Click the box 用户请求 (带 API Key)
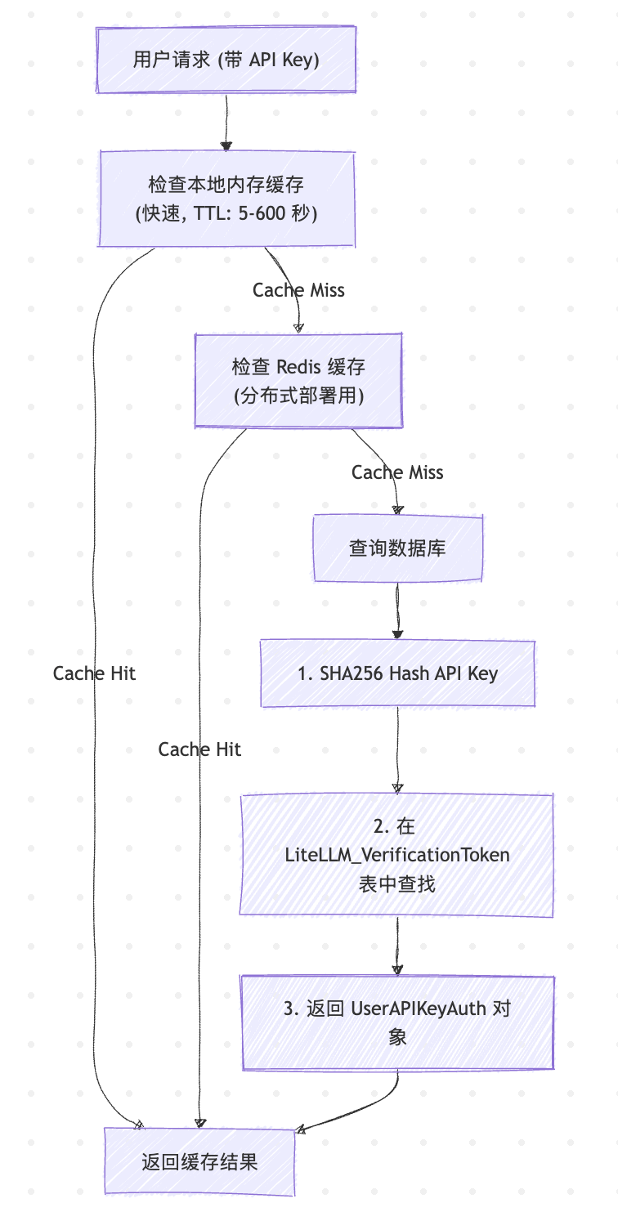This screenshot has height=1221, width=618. pyautogui.click(x=226, y=60)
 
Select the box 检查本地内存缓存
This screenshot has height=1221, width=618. pyautogui.click(x=226, y=198)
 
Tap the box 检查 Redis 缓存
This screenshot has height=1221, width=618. pyautogui.click(x=298, y=380)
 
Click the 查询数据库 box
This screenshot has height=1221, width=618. pyautogui.click(x=397, y=548)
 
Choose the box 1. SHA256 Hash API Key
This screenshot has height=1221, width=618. pyautogui.click(x=397, y=673)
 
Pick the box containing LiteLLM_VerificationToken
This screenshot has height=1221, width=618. pyautogui.click(x=397, y=855)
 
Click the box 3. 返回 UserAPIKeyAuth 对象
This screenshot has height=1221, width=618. pyautogui.click(x=397, y=1022)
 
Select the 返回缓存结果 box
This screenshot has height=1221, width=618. pyautogui.click(x=199, y=1161)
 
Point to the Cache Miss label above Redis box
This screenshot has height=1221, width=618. pyautogui.click(x=298, y=290)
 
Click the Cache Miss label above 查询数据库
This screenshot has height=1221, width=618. pyautogui.click(x=397, y=472)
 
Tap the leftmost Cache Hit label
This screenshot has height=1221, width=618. pyautogui.click(x=94, y=673)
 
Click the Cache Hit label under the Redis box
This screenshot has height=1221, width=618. pyautogui.click(x=199, y=749)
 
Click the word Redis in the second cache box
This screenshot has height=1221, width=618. pyautogui.click(x=302, y=367)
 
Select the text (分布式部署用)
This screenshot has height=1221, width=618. pyautogui.click(x=298, y=396)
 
